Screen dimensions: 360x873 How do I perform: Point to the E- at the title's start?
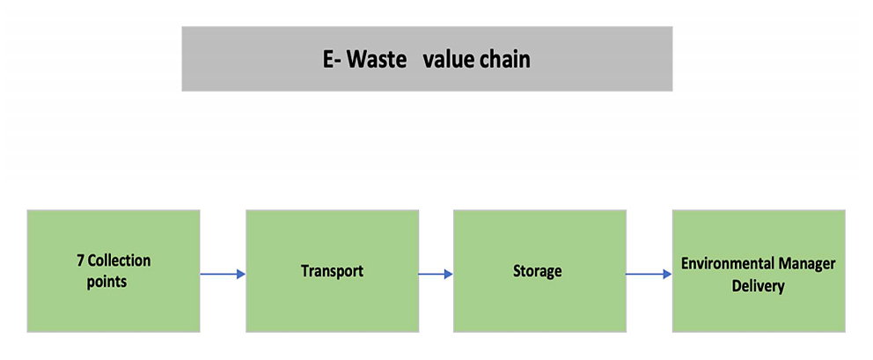click(331, 60)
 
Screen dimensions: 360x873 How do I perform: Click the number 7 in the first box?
click(80, 261)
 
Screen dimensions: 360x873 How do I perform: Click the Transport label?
click(332, 270)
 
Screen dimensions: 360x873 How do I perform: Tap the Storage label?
click(537, 270)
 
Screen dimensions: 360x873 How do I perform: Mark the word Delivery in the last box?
click(758, 286)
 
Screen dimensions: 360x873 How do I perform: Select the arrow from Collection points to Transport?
click(222, 274)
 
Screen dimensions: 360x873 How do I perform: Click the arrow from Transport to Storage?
click(435, 274)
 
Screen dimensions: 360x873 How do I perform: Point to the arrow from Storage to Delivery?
click(648, 274)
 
